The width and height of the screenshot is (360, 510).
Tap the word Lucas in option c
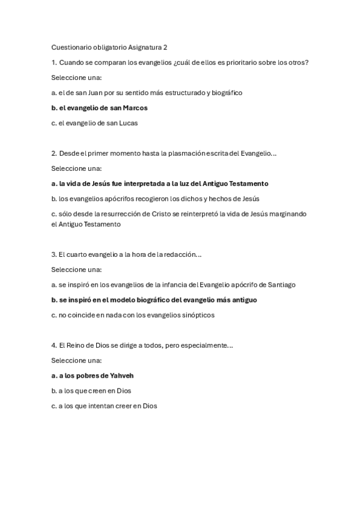[x=127, y=123]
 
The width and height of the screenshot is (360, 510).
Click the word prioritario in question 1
[x=251, y=63]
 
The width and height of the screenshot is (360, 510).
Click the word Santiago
[x=280, y=284]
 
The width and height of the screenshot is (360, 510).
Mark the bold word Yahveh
[x=122, y=375]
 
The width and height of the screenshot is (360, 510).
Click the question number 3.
[x=53, y=255]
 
